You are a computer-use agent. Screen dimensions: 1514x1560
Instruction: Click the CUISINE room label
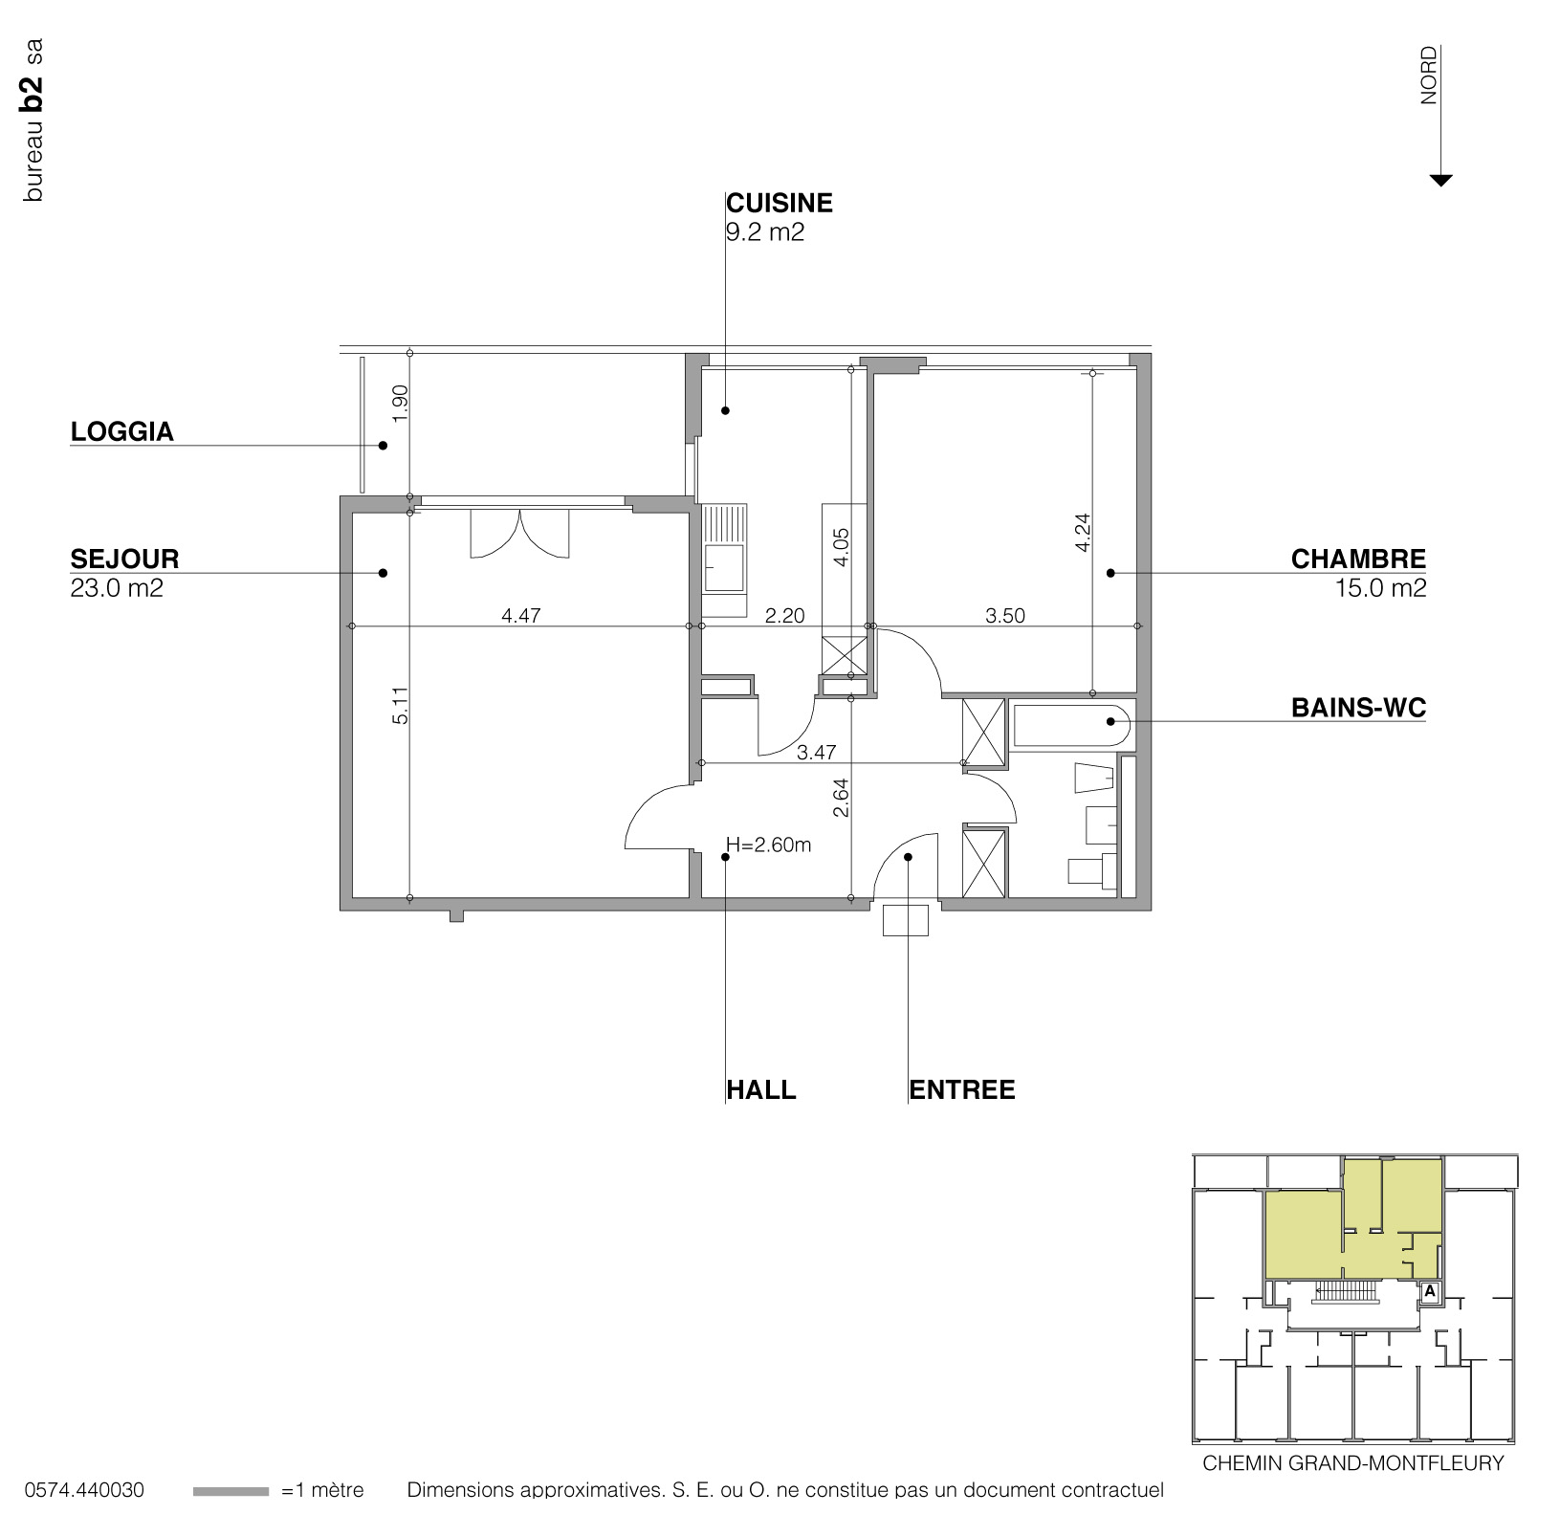[x=779, y=203]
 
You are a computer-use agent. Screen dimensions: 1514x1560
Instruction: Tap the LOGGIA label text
[x=122, y=432]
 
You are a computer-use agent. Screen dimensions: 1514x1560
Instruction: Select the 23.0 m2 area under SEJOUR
[x=117, y=587]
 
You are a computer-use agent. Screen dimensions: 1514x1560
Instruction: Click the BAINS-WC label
[x=1358, y=708]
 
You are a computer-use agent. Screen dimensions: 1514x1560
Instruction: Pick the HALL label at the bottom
[x=761, y=1090]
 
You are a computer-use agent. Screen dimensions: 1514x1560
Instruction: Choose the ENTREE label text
[x=961, y=1090]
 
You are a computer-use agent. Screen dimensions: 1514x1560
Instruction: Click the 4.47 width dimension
[x=521, y=616]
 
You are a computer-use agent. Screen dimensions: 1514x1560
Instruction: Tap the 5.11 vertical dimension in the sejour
[x=401, y=706]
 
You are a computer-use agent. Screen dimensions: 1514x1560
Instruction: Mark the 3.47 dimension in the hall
[x=817, y=753]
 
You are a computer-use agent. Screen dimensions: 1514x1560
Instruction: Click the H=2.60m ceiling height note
[x=769, y=845]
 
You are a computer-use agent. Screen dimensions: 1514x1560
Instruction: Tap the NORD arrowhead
[x=1440, y=180]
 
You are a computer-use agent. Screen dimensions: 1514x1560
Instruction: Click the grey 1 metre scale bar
[x=231, y=1491]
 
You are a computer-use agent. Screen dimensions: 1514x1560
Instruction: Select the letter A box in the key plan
[x=1429, y=1290]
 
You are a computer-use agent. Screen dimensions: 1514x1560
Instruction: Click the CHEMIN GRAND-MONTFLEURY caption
[x=1352, y=1463]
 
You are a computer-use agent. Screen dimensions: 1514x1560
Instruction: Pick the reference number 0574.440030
[x=84, y=1491]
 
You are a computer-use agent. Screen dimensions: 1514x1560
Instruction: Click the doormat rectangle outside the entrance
[x=905, y=920]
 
